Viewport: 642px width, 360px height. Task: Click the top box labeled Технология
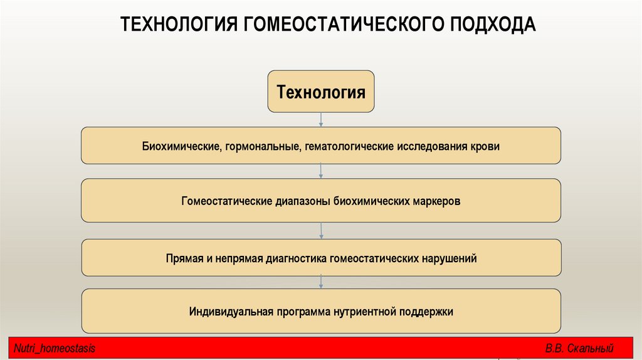click(321, 92)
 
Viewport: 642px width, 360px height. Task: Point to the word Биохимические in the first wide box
click(179, 146)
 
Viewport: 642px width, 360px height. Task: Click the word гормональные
click(260, 146)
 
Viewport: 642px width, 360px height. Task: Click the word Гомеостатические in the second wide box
click(226, 201)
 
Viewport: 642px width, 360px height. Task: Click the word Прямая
click(184, 258)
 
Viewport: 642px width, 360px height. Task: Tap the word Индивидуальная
click(229, 312)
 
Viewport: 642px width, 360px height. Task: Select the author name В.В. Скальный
click(579, 349)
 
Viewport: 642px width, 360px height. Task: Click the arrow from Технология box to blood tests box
click(321, 120)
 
